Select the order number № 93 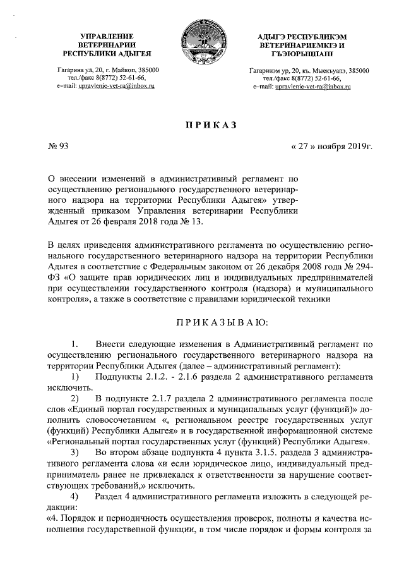click(x=59, y=149)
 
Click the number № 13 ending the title click(x=193, y=222)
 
